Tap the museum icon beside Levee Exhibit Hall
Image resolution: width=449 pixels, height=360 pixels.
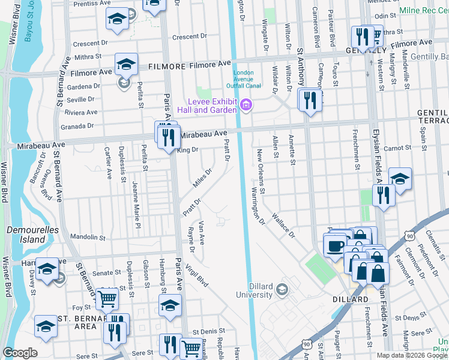pyautogui.click(x=245, y=106)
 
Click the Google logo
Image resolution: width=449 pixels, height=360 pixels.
pyautogui.click(x=20, y=353)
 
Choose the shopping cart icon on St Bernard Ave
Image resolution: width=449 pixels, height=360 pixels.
pyautogui.click(x=107, y=297)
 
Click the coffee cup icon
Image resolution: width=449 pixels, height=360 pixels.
pyautogui.click(x=335, y=245)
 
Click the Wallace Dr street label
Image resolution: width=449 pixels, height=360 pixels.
pyautogui.click(x=283, y=224)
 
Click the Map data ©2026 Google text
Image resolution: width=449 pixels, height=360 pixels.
pyautogui.click(x=411, y=355)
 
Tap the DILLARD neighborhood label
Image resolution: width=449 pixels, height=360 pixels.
pyautogui.click(x=351, y=299)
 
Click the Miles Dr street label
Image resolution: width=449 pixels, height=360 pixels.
pyautogui.click(x=202, y=177)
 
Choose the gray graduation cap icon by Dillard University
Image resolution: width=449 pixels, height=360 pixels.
pyautogui.click(x=282, y=291)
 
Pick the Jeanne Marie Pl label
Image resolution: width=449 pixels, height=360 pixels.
pyautogui.click(x=136, y=206)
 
